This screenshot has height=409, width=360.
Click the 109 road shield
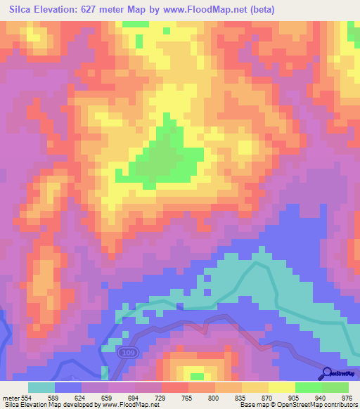[124, 351]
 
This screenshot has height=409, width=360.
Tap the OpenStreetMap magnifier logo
[327, 372]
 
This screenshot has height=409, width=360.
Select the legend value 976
[347, 397]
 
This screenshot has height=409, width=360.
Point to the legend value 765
[188, 397]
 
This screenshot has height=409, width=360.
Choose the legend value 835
[241, 397]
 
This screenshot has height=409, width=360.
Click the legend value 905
[295, 397]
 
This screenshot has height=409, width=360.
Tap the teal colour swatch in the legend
[41, 387]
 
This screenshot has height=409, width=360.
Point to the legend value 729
[161, 397]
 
